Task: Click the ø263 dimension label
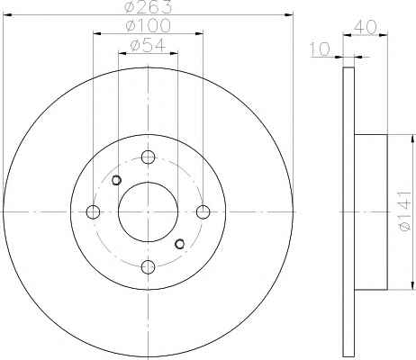click(x=149, y=6)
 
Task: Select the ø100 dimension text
click(x=149, y=25)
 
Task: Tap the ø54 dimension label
click(x=148, y=46)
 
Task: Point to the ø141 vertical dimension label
click(x=405, y=211)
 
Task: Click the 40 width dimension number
click(x=365, y=28)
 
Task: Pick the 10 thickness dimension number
click(x=320, y=49)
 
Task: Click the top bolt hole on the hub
click(x=148, y=157)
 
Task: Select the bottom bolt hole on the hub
click(x=148, y=267)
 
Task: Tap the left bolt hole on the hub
click(x=93, y=212)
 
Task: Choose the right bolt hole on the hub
click(x=203, y=212)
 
